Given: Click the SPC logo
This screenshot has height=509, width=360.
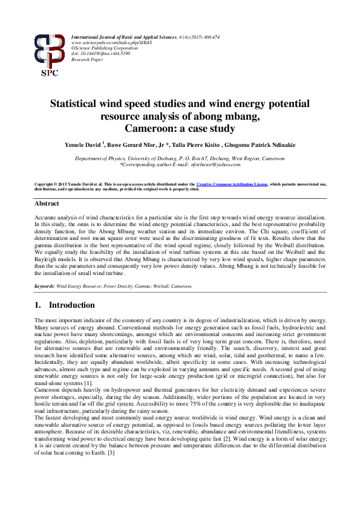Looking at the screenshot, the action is click(49, 55).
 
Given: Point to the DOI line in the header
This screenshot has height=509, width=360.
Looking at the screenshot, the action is click(100, 54).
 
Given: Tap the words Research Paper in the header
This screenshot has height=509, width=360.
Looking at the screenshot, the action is click(88, 59).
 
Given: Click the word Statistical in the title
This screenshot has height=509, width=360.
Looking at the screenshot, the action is click(79, 104).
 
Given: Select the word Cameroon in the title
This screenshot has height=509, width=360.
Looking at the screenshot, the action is click(148, 128).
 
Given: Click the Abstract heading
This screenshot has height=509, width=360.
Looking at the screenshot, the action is click(47, 204).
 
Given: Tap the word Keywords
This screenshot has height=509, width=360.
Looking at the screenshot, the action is click(45, 286).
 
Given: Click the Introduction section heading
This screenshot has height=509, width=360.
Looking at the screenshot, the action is click(72, 305).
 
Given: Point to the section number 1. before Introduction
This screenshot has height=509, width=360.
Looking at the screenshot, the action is click(38, 305).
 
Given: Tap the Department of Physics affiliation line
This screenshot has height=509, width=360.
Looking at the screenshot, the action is click(180, 158).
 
